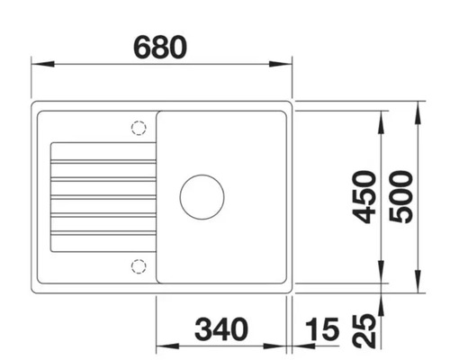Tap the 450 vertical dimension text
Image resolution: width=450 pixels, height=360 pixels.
[x=364, y=197]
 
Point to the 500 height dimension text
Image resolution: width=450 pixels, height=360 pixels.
[x=401, y=197]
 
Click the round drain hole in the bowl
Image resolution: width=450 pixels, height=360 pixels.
[x=202, y=196]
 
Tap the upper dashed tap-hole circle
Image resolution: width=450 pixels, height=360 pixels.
[x=138, y=128]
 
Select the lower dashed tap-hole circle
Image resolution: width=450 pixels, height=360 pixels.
[x=138, y=265]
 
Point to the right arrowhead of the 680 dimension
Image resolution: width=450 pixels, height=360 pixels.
[x=287, y=64]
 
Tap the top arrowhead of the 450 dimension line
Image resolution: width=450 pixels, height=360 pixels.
[x=382, y=117]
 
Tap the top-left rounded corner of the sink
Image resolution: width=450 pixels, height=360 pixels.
[x=37, y=107]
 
